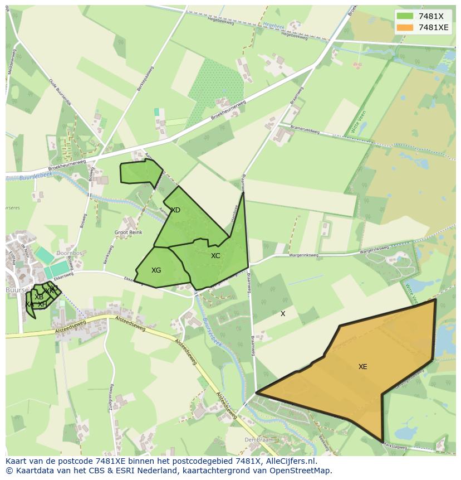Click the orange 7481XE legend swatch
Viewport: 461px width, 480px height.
(x=405, y=27)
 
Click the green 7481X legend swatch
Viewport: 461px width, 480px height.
(x=405, y=16)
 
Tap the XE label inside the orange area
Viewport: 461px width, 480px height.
(x=362, y=367)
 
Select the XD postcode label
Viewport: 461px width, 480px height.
(x=175, y=210)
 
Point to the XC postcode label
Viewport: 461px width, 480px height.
(x=215, y=256)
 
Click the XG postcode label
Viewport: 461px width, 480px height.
(x=156, y=270)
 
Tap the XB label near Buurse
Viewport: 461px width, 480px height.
(x=39, y=297)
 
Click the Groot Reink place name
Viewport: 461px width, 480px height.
(x=128, y=232)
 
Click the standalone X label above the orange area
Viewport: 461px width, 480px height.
(x=283, y=314)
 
